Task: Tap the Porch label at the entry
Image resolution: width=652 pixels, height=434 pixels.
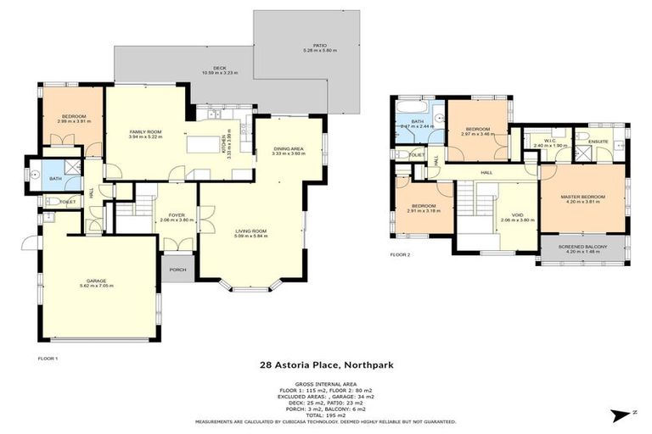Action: tap(177, 271)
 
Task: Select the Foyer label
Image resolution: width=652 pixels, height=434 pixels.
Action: tap(177, 215)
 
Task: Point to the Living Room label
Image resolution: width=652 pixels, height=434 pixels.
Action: tap(251, 232)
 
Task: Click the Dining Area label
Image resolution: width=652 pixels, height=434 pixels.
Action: tap(288, 151)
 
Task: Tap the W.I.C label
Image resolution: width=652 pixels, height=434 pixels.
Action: tap(548, 142)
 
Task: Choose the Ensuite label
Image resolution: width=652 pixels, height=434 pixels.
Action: tap(598, 142)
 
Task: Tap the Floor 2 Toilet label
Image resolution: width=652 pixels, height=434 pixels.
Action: tap(416, 155)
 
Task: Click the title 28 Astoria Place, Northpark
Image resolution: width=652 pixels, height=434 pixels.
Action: tap(326, 365)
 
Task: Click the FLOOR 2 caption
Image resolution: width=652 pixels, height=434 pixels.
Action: tap(400, 254)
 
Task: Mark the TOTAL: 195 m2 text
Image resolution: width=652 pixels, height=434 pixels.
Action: tap(326, 415)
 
